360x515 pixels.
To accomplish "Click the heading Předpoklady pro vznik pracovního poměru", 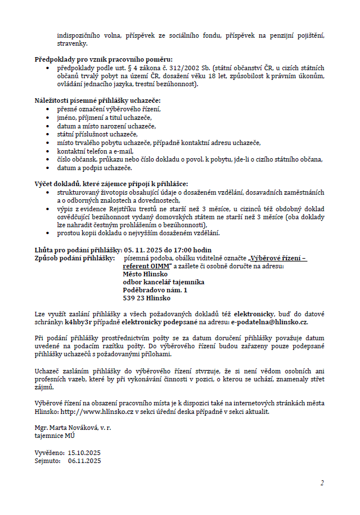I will coord(103,59).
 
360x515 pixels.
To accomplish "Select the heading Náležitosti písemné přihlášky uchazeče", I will coord(98,100).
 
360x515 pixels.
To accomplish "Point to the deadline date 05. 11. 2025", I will coord(143,250).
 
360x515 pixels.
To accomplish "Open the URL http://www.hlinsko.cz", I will coord(89,411).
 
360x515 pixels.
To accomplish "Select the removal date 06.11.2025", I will coord(84,460).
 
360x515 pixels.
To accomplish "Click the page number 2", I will coord(322,483).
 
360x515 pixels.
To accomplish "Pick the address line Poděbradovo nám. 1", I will coord(155,290).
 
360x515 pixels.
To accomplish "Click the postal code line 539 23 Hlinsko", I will coord(146,298).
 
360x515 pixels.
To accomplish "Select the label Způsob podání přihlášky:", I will coord(75,258).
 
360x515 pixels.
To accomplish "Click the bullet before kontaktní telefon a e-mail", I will coord(50,151).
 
